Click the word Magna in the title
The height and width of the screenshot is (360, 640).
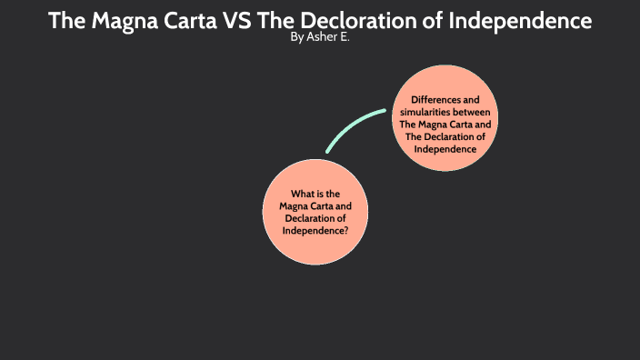point(123,20)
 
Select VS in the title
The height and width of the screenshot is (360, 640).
point(239,20)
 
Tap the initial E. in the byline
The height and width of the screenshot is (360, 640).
point(343,39)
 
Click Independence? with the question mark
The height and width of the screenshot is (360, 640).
point(315,230)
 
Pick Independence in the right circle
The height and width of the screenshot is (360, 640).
point(445,148)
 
